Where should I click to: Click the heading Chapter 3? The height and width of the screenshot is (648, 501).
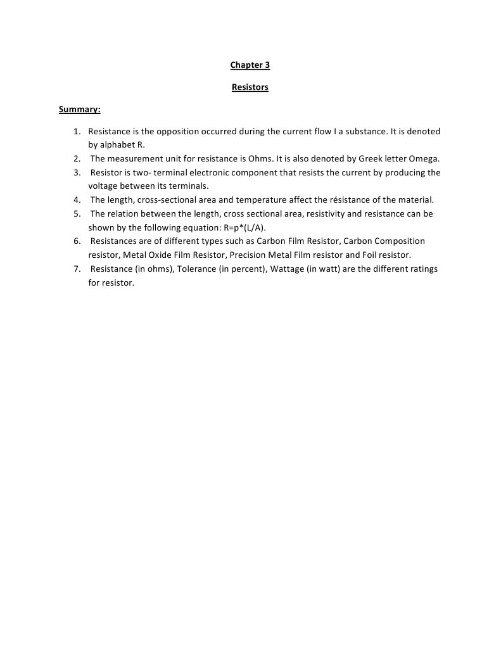click(x=250, y=65)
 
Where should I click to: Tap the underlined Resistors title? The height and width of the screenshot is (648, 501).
click(x=250, y=87)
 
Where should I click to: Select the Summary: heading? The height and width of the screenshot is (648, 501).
click(x=80, y=110)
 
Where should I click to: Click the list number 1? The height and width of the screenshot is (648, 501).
click(x=75, y=132)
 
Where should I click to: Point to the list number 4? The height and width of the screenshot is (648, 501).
click(x=75, y=200)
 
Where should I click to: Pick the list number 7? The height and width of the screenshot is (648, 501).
click(x=75, y=269)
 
